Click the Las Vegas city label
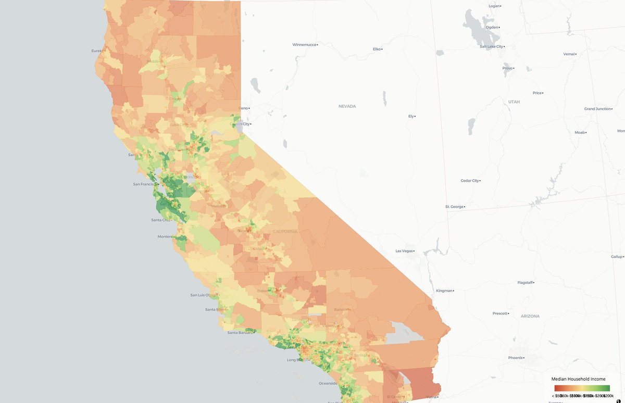pyautogui.click(x=404, y=251)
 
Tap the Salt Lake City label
pyautogui.click(x=491, y=46)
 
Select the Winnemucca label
pyautogui.click(x=304, y=44)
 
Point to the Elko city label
pyautogui.click(x=377, y=49)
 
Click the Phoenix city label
pyautogui.click(x=516, y=358)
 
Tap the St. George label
pyautogui.click(x=454, y=207)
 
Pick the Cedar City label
pyautogui.click(x=469, y=181)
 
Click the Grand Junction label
pyautogui.click(x=597, y=109)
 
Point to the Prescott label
pyautogui.click(x=500, y=313)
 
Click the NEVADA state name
pyautogui.click(x=347, y=106)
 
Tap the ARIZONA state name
pyautogui.click(x=530, y=316)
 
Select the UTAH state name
pyautogui.click(x=514, y=102)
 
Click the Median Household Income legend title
pyautogui.click(x=578, y=379)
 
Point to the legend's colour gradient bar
pyautogui.click(x=582, y=388)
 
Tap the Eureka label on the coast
pyautogui.click(x=98, y=51)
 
